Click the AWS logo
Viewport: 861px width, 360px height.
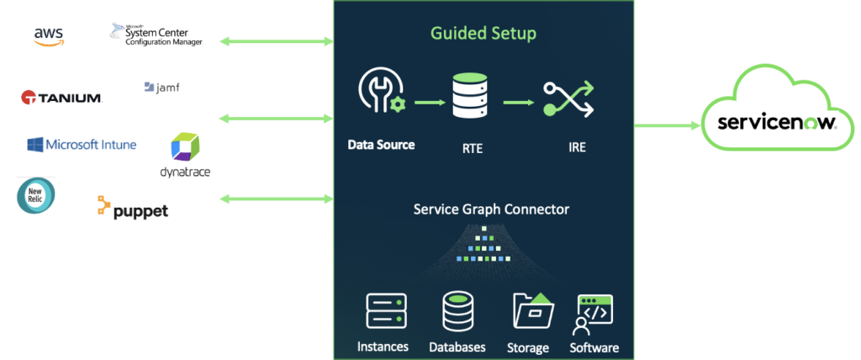pyautogui.click(x=49, y=35)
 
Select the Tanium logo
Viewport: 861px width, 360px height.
pyautogui.click(x=61, y=98)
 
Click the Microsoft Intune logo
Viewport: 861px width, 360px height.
pyautogui.click(x=81, y=145)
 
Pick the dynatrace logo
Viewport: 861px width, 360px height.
pyautogui.click(x=185, y=155)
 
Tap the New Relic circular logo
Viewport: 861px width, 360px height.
pyautogui.click(x=35, y=195)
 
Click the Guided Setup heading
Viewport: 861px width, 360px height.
pyautogui.click(x=483, y=34)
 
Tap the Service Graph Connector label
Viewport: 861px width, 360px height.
pyautogui.click(x=491, y=209)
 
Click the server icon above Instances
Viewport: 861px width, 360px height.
pyautogui.click(x=386, y=310)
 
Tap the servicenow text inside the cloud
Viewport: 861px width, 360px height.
pyautogui.click(x=776, y=123)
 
